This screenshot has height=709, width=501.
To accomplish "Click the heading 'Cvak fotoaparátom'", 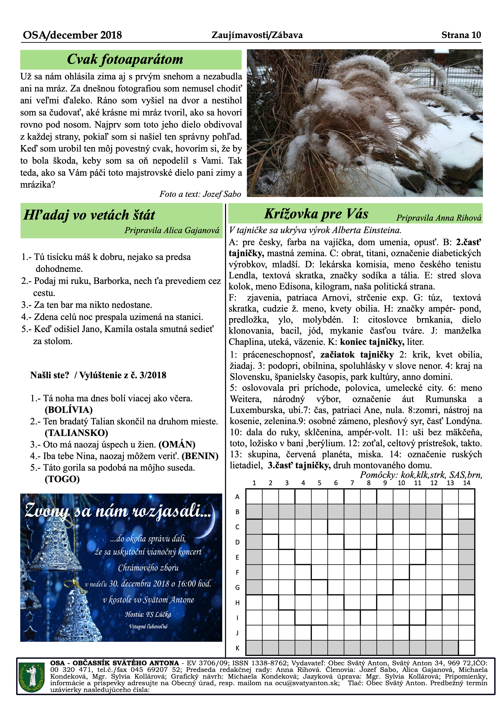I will click(125, 59).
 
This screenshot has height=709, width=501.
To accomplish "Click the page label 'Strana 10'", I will click(461, 35).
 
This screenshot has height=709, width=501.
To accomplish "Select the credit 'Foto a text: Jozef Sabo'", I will click(200, 194).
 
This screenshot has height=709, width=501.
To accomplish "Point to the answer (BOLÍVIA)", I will click(69, 410).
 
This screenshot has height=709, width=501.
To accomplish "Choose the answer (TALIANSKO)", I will click(76, 433).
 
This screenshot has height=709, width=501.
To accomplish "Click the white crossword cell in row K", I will click(466, 648).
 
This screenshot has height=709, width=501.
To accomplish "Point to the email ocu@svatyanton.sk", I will click(307, 683).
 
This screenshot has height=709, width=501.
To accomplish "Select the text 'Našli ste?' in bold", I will click(49, 375).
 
